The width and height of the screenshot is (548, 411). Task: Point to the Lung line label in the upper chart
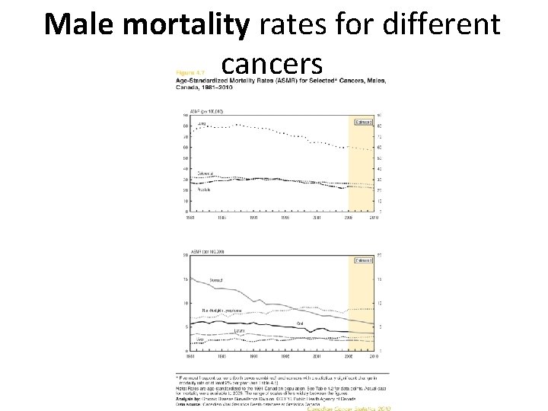202,123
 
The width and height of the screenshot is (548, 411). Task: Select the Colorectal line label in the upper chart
205,174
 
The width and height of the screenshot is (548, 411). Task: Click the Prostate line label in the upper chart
205,189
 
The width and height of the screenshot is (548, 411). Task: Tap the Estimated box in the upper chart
363,122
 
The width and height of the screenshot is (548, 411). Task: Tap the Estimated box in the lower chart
363,260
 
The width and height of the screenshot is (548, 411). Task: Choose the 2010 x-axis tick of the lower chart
374,355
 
